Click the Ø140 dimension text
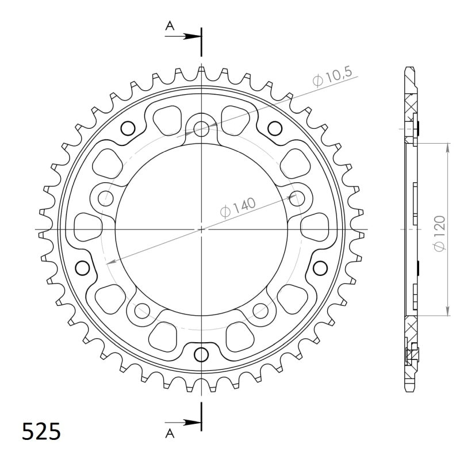238,208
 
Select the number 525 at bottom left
41,431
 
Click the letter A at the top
170,25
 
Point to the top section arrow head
195,36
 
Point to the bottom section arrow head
195,422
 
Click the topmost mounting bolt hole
201,129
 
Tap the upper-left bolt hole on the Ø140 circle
106,198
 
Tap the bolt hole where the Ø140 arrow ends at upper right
297,198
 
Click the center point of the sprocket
201,229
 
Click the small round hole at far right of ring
320,267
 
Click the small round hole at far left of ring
82,267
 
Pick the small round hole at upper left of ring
128,128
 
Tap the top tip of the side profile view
409,67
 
